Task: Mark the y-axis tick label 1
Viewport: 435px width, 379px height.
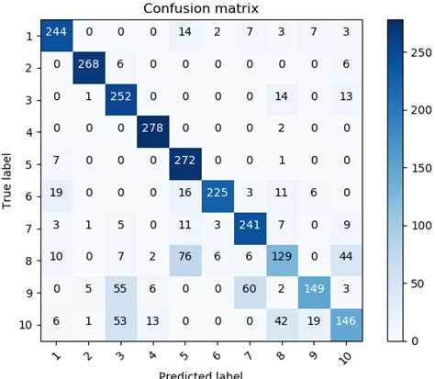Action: pyautogui.click(x=32, y=35)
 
